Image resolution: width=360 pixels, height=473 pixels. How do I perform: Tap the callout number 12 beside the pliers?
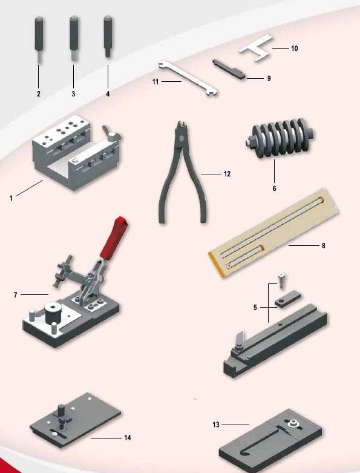tap(227, 174)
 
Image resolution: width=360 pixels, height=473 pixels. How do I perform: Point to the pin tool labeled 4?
tap(108, 36)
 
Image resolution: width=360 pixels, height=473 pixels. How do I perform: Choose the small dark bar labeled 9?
tap(229, 69)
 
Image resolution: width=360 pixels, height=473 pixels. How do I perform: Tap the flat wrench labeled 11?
tap(188, 78)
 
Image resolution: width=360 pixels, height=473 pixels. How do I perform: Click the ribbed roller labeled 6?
tap(280, 138)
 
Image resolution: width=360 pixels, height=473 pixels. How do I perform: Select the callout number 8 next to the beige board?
tap(324, 245)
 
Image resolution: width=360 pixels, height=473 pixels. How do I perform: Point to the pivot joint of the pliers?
tap(181, 139)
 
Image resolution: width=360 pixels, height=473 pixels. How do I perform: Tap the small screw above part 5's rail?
tap(281, 280)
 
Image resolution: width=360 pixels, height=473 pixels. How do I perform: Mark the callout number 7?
tap(16, 295)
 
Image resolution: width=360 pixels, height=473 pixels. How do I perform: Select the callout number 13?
tap(216, 425)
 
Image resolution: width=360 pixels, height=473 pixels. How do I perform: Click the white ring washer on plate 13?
tap(292, 423)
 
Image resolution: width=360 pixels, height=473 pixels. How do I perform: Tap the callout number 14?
tap(128, 438)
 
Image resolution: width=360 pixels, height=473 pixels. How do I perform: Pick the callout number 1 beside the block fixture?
tap(11, 198)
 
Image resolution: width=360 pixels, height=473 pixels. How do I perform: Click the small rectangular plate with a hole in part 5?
tap(288, 300)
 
